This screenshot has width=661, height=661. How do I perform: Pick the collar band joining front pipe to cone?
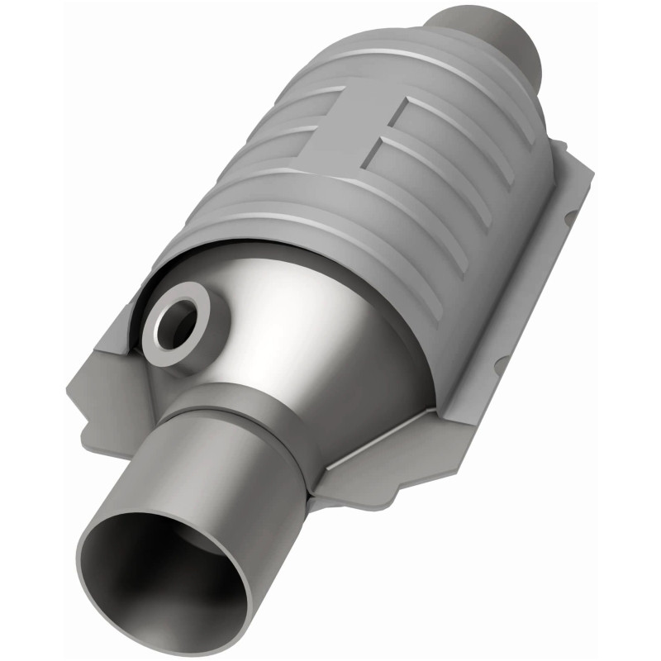coord(248,413)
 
